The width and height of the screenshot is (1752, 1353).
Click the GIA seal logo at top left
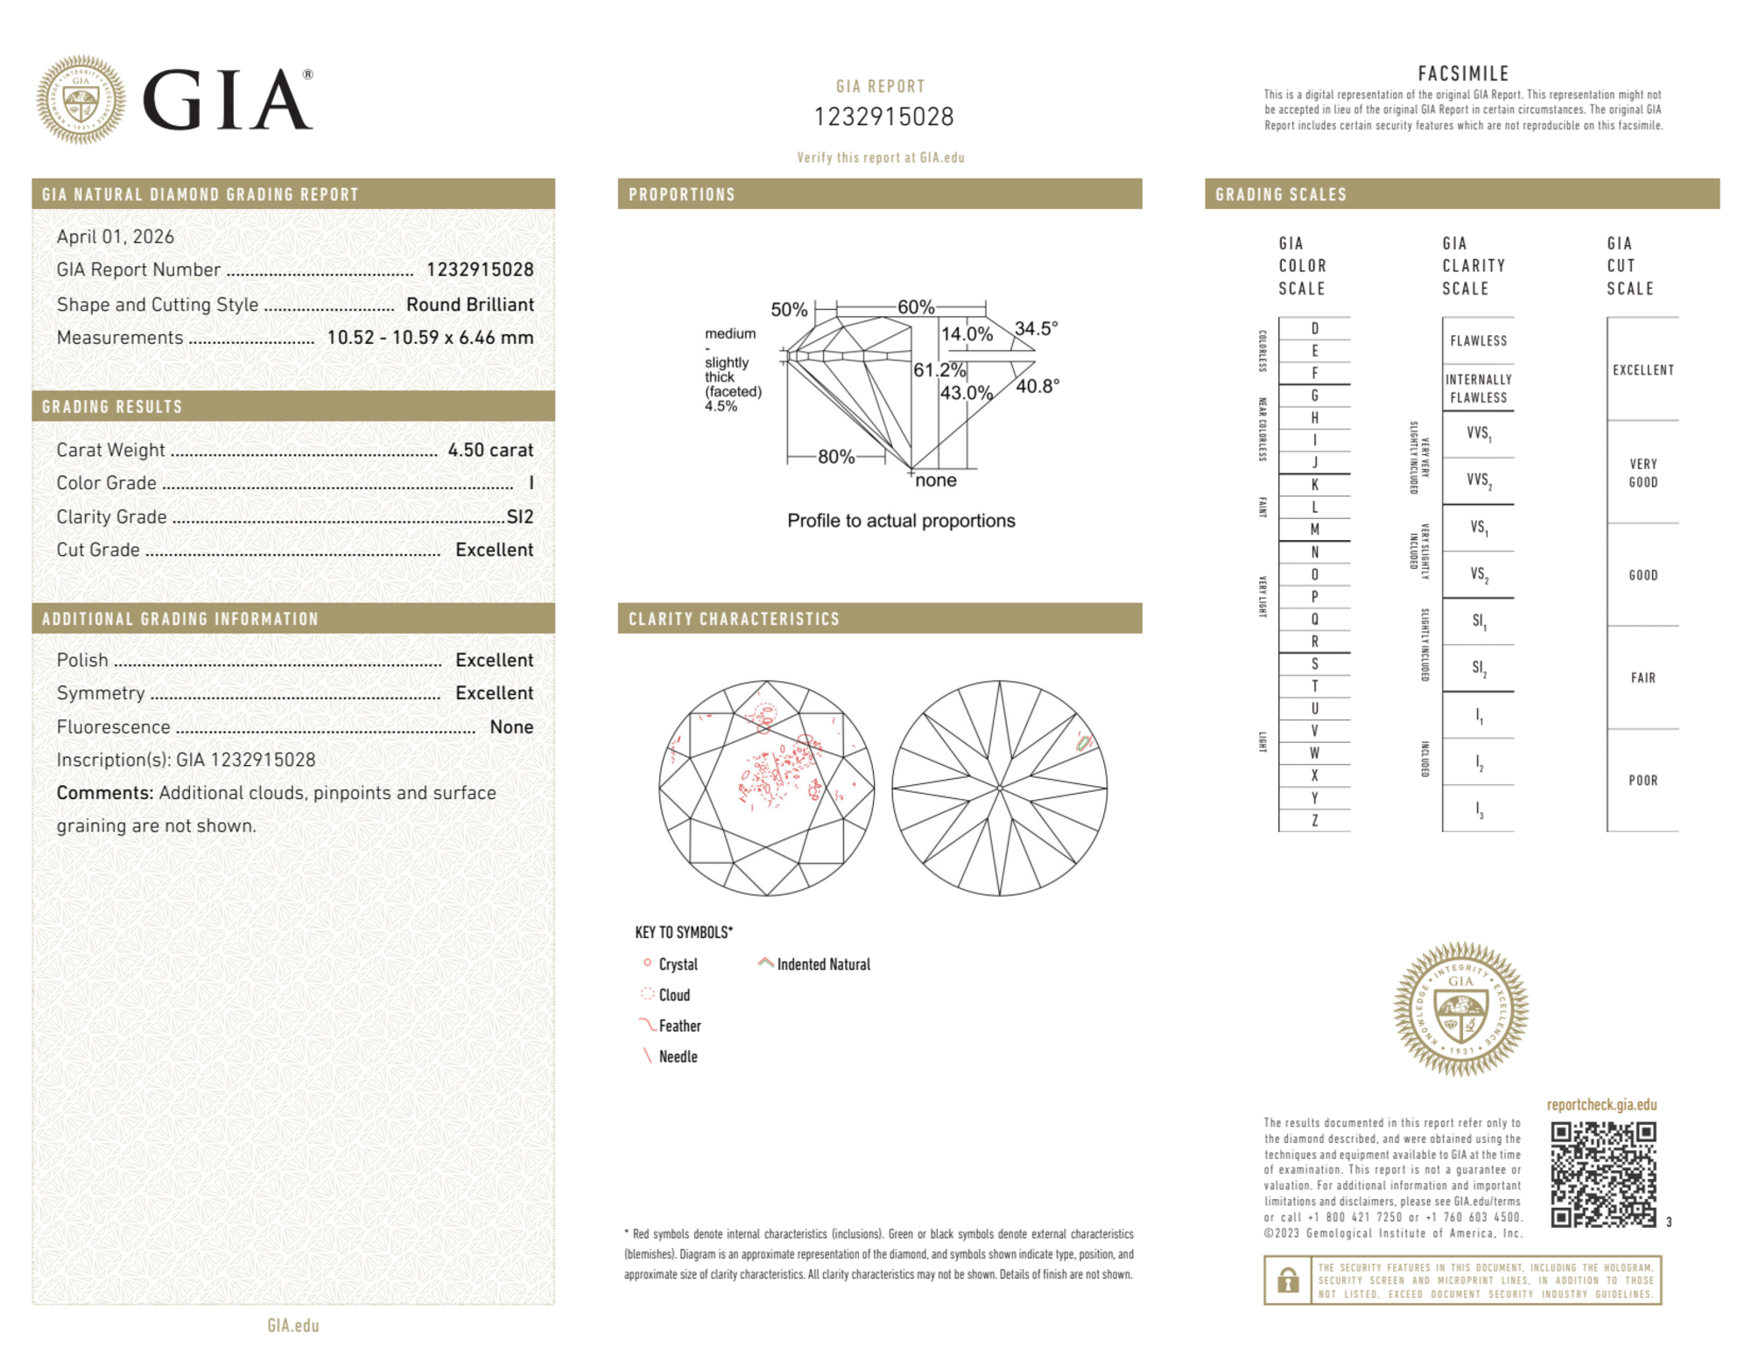click(81, 100)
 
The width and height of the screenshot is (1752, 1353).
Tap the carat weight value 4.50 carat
click(490, 450)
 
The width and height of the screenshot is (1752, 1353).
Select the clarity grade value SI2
click(520, 516)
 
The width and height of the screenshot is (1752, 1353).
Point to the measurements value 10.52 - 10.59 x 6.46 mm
click(430, 338)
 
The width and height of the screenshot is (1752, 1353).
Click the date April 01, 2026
click(116, 236)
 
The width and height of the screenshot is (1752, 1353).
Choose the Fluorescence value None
click(511, 726)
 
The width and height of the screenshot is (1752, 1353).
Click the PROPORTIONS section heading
click(682, 194)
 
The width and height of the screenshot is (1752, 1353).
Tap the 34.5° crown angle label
click(1037, 329)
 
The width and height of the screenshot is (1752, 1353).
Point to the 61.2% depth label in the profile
click(939, 369)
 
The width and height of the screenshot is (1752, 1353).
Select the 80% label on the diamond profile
click(836, 457)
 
